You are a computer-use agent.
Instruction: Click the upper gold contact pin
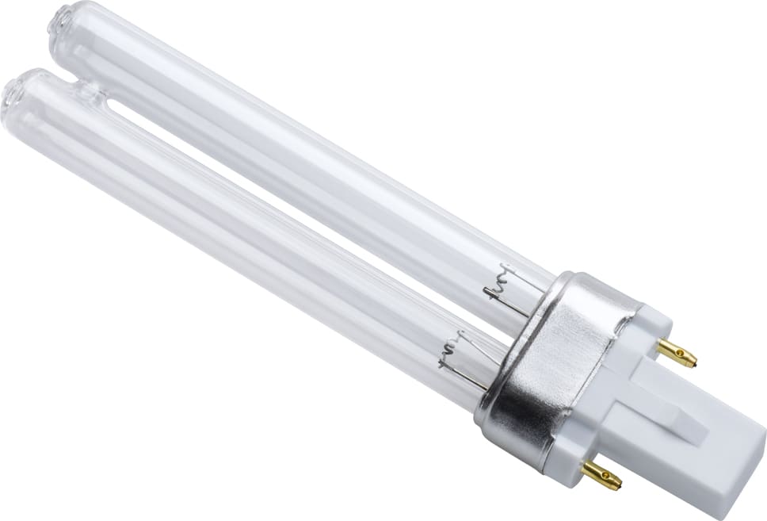click(x=677, y=354)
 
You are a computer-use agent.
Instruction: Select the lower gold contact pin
click(x=601, y=475)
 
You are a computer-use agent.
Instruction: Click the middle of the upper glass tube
click(x=301, y=159)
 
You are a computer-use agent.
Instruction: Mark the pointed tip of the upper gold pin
click(x=695, y=362)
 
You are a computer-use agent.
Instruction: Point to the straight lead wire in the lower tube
click(x=467, y=381)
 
